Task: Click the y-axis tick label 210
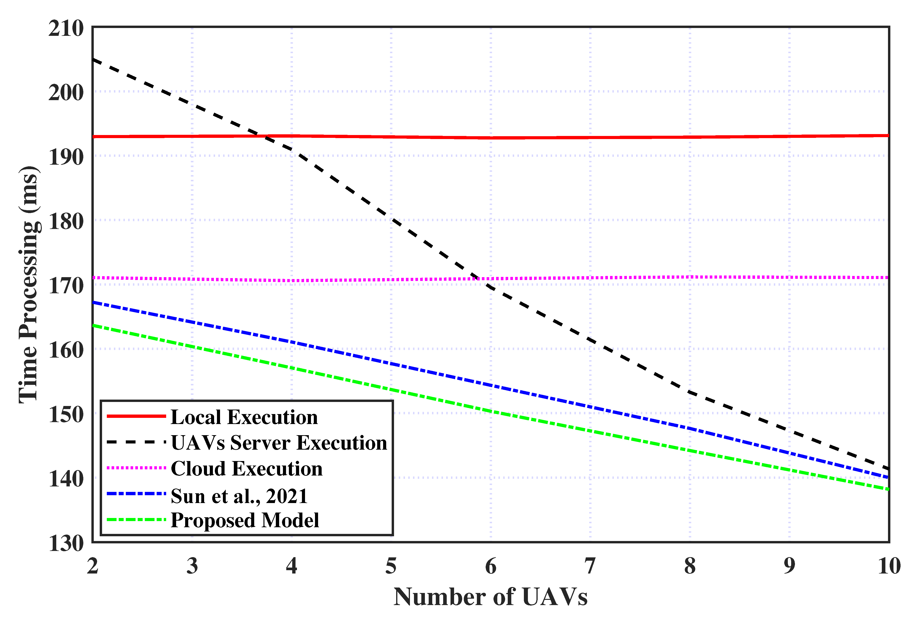(66, 29)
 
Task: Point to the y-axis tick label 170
(66, 286)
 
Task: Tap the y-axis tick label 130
(66, 543)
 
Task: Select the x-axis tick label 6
(490, 566)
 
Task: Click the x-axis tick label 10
(889, 566)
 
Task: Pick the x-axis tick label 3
(192, 566)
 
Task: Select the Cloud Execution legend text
(246, 469)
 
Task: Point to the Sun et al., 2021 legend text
(239, 496)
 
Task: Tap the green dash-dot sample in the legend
(136, 520)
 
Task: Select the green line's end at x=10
(888, 490)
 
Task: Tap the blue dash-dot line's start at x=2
(93, 302)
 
